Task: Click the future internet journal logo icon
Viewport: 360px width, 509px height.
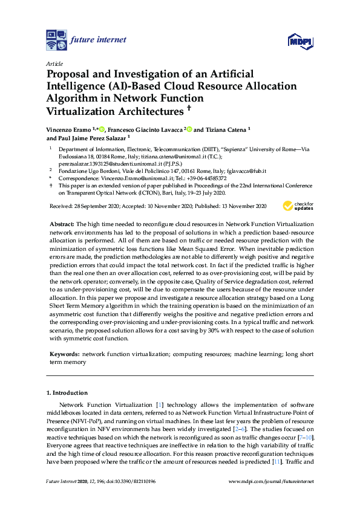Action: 57,40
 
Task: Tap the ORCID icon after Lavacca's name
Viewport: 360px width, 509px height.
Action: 189,129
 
